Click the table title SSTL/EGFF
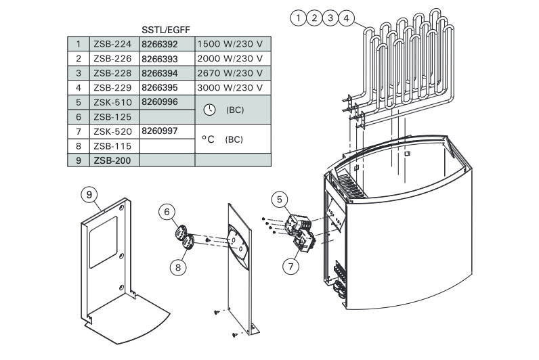pos(166,30)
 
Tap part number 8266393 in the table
pos(160,59)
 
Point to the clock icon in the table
pos(209,110)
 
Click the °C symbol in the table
pos(208,139)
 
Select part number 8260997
pos(160,131)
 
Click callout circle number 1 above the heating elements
pos(299,18)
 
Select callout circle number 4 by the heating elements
pos(346,18)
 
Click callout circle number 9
pos(89,195)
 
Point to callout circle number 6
pos(167,212)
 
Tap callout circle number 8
pos(178,267)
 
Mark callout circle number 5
pos(280,200)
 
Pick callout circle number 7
pos(290,266)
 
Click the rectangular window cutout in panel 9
pos(103,242)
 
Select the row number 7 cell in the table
pos(79,131)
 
